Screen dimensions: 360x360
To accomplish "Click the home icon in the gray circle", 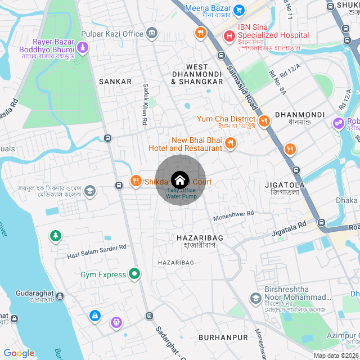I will click(x=179, y=180).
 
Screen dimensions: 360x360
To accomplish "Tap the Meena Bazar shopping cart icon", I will click(x=239, y=10).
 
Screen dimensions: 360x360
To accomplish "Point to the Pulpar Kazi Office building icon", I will click(x=152, y=34).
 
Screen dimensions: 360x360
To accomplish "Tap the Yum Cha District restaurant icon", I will click(x=264, y=119).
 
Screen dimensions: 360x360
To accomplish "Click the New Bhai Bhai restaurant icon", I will click(x=230, y=144).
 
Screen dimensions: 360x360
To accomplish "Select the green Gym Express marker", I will click(x=134, y=274).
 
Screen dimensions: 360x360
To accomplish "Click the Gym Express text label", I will click(x=103, y=274).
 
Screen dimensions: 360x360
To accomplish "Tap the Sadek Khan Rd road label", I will click(x=145, y=105).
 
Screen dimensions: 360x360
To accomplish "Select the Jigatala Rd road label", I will click(x=289, y=227).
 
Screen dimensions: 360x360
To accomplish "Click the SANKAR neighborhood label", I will click(x=115, y=82).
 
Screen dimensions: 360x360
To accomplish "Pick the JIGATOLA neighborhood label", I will click(x=285, y=184).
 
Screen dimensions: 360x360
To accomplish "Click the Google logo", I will click(x=19, y=353).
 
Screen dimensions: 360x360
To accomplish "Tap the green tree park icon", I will click(x=55, y=236).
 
